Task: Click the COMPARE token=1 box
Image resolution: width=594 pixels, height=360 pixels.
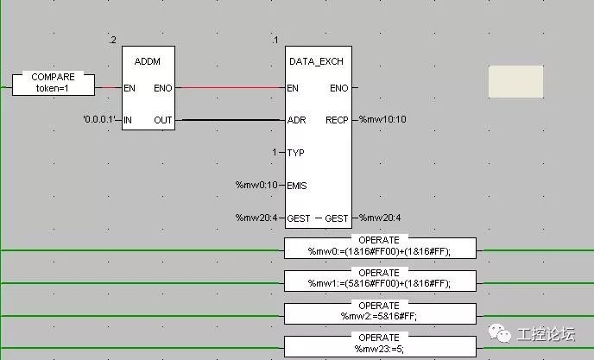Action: pos(54,83)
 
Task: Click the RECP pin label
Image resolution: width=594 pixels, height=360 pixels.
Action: pos(337,120)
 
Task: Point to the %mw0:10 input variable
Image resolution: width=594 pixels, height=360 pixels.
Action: pos(257,185)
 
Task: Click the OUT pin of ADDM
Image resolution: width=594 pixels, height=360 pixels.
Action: pos(162,120)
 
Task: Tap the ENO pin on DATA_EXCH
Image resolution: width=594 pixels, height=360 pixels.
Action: pos(339,87)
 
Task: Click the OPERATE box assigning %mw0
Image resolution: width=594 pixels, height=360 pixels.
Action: pos(380,247)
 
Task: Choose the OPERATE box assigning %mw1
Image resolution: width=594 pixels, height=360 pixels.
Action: pos(380,280)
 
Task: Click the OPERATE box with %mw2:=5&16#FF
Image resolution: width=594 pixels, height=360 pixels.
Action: pos(380,313)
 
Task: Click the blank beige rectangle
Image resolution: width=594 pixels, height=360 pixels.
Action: pos(515,81)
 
